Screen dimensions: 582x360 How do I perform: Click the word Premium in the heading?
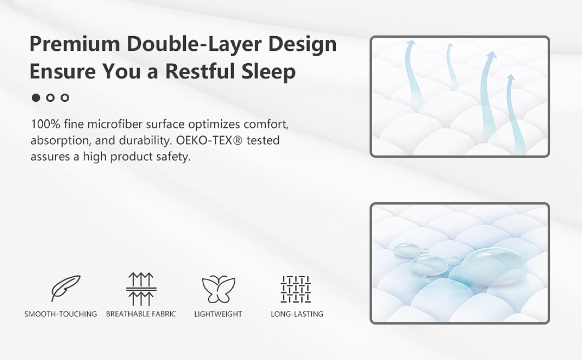click(x=75, y=44)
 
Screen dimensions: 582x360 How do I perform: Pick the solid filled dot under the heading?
click(x=36, y=98)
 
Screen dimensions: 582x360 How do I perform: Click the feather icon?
click(x=66, y=288)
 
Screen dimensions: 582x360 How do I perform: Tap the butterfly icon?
click(x=218, y=289)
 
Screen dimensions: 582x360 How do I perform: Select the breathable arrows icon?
click(x=141, y=289)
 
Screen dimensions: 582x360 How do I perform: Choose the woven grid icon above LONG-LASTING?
click(x=296, y=289)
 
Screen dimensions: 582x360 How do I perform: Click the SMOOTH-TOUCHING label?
click(x=61, y=314)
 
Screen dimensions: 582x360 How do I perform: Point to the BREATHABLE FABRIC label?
click(x=141, y=314)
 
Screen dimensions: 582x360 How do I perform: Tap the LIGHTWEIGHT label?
click(x=218, y=314)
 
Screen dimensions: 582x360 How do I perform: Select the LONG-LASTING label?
click(x=297, y=314)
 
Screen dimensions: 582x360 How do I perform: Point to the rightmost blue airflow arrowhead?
click(x=510, y=77)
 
